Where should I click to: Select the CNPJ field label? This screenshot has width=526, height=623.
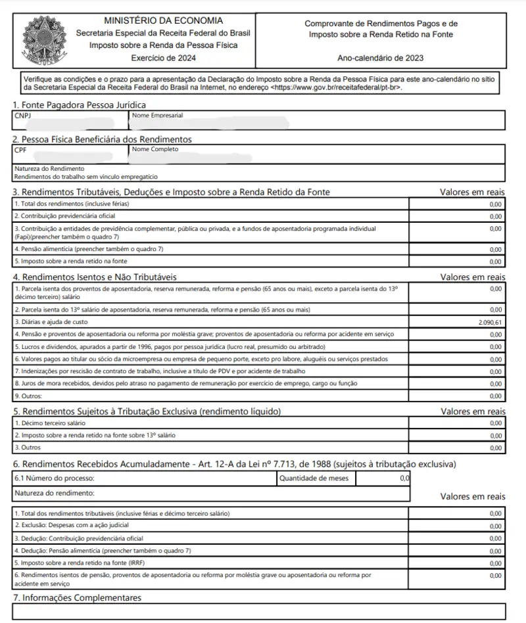tap(22, 115)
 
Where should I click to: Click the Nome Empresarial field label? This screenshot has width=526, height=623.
tap(157, 115)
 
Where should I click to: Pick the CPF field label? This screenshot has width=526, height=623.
tap(20, 149)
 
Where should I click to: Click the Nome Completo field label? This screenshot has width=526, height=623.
tap(155, 149)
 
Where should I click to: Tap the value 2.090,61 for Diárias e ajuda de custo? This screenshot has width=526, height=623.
tap(490, 323)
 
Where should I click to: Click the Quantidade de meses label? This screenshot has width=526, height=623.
tap(314, 478)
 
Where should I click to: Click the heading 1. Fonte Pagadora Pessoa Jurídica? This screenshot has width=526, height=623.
tap(80, 104)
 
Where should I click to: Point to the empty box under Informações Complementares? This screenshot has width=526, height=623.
tap(259, 612)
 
